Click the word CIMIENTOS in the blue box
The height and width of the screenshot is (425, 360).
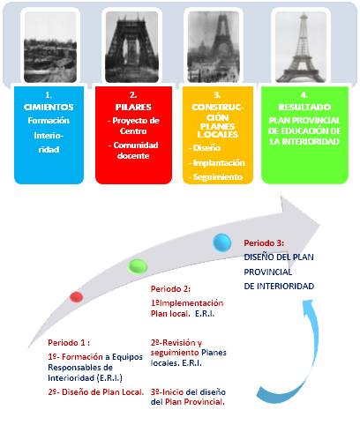(x=49, y=107)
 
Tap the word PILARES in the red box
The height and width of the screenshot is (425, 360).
(x=133, y=107)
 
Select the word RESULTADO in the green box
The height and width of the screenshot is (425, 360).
(x=304, y=107)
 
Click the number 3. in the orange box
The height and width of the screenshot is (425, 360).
(x=217, y=95)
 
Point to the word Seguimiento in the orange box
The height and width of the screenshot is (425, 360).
(x=218, y=177)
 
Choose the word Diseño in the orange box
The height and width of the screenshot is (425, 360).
(x=206, y=147)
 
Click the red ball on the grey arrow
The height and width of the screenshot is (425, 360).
(x=76, y=297)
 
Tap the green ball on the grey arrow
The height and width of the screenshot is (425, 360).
(x=138, y=266)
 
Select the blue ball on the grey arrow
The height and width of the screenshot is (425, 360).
(x=221, y=242)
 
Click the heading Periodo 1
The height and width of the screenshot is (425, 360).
(x=69, y=343)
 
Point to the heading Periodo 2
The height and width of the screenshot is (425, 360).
(x=170, y=289)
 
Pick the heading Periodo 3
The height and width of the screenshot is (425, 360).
(x=264, y=243)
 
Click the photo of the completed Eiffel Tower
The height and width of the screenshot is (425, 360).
(x=301, y=47)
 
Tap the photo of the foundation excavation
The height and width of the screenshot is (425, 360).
(x=50, y=47)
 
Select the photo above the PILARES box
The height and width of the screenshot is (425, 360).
(x=131, y=47)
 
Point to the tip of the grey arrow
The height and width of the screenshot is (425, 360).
(x=320, y=226)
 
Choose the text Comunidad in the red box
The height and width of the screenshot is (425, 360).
(x=136, y=145)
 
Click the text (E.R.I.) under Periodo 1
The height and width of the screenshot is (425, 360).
(x=109, y=377)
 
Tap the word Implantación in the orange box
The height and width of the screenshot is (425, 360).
(x=219, y=163)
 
